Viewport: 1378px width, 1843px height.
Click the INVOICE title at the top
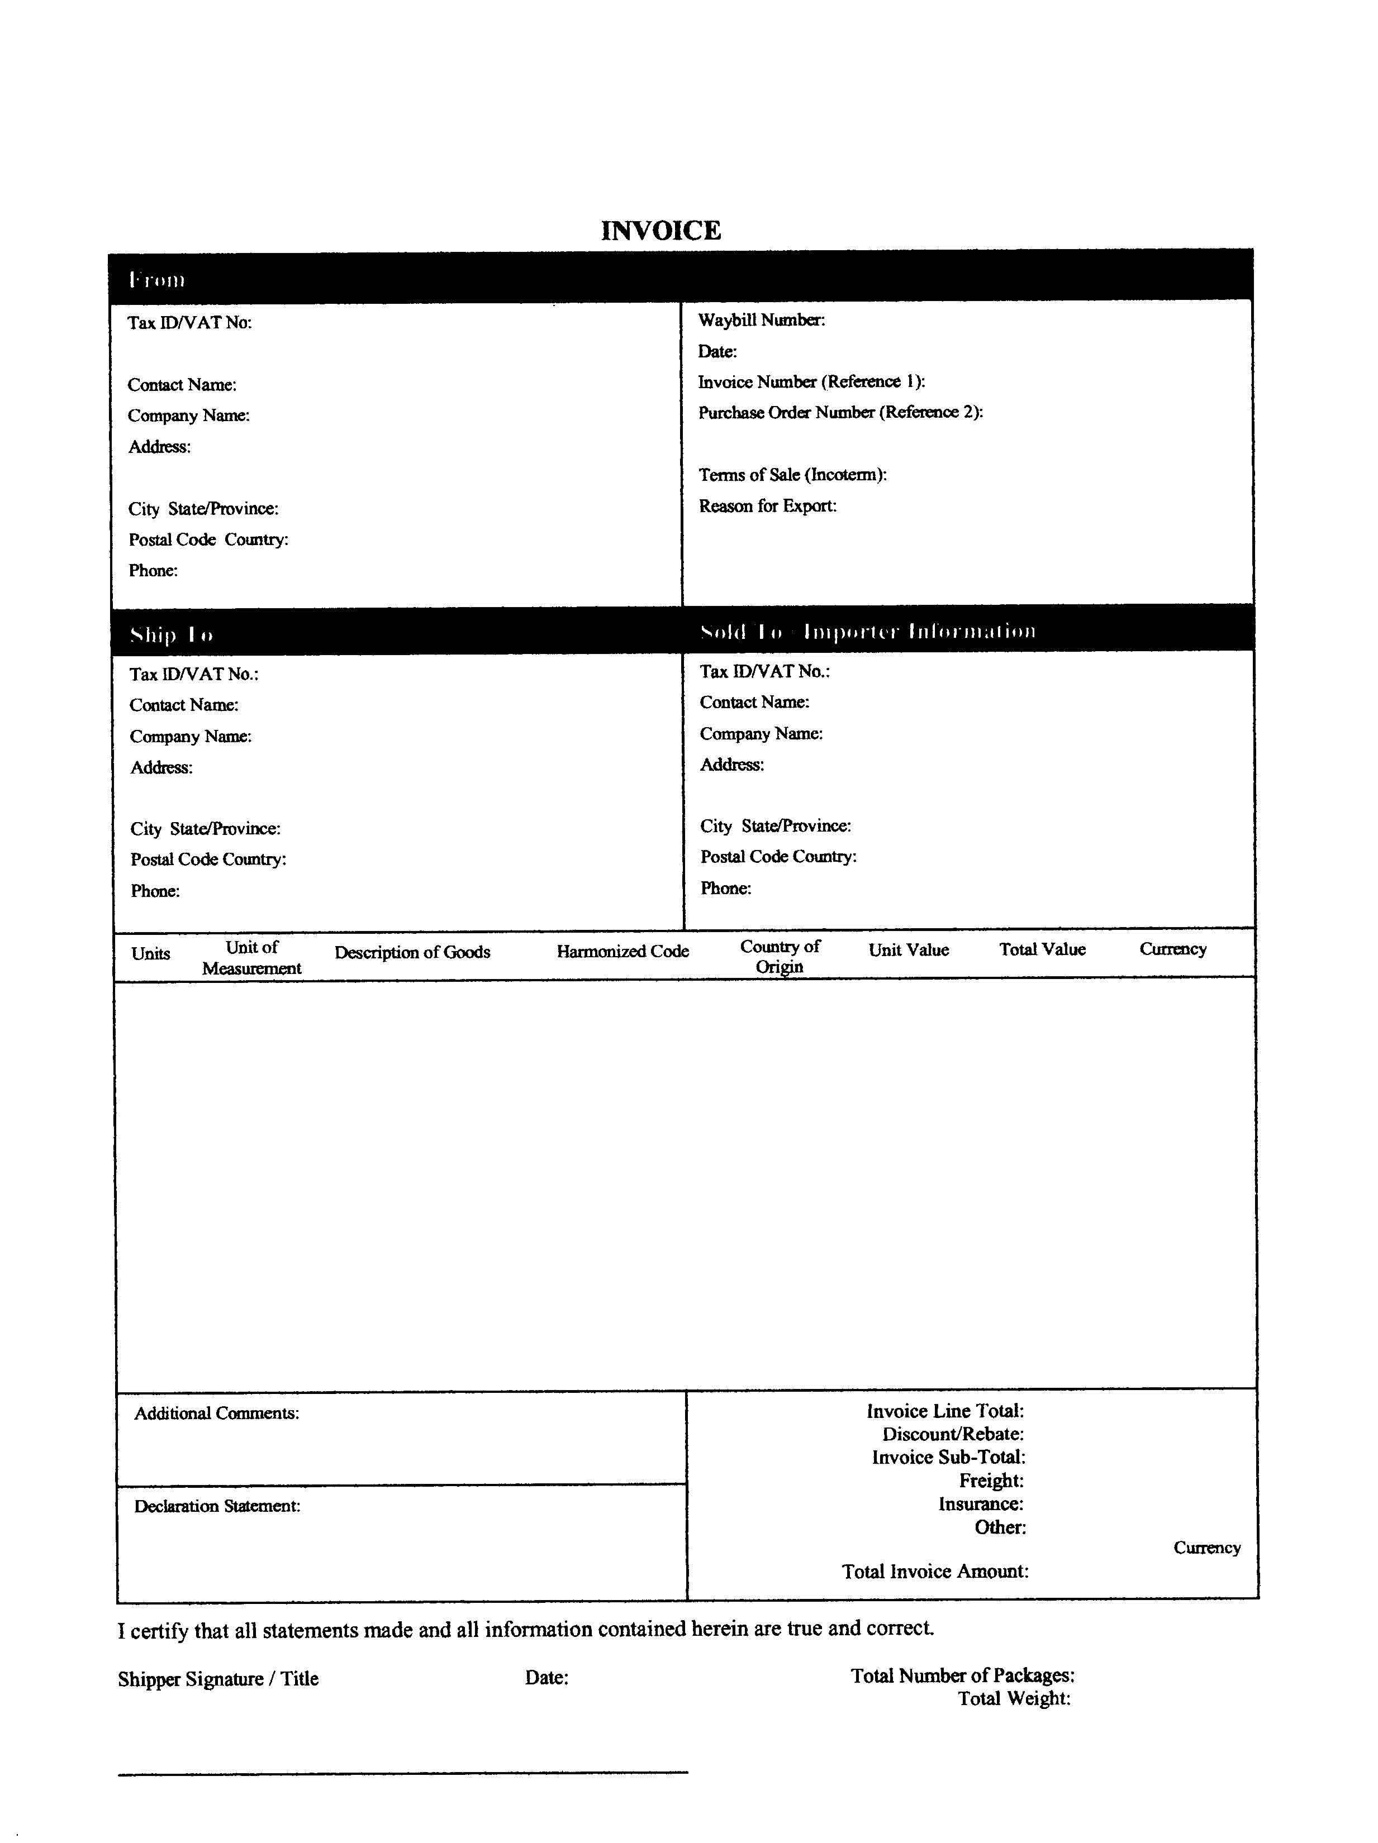tap(661, 231)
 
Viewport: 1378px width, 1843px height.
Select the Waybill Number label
tap(761, 320)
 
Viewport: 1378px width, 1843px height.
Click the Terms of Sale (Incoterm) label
tap(792, 475)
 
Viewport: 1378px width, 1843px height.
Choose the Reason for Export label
tap(767, 506)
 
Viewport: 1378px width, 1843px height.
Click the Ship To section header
tap(171, 635)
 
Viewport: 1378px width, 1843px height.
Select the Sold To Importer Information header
tap(868, 632)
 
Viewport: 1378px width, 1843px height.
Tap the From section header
tap(156, 280)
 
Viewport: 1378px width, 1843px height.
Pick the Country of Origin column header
tap(780, 957)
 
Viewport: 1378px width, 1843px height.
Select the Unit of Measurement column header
tap(252, 957)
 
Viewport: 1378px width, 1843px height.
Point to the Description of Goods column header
tap(412, 952)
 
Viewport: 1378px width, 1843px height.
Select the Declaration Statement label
tap(217, 1506)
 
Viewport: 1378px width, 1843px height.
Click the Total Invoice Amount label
tap(934, 1572)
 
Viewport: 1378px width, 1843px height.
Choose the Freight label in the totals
tap(990, 1481)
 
